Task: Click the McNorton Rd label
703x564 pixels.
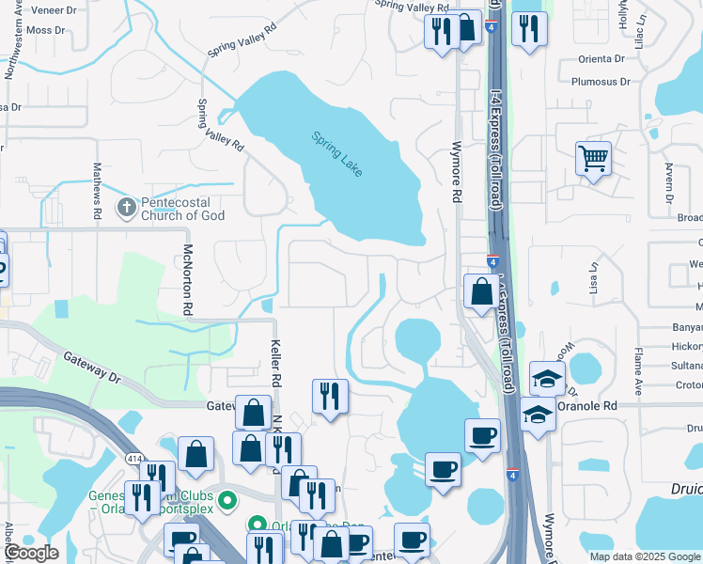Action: click(x=188, y=279)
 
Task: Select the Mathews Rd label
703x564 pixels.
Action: click(x=97, y=191)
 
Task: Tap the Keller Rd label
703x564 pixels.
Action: click(x=276, y=364)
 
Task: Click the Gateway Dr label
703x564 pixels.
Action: click(x=93, y=368)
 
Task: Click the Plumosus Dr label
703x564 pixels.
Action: click(x=600, y=82)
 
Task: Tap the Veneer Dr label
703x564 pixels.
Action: click(x=54, y=10)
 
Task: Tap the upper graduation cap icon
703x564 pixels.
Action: click(x=546, y=378)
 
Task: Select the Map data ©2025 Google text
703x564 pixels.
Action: click(x=644, y=556)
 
